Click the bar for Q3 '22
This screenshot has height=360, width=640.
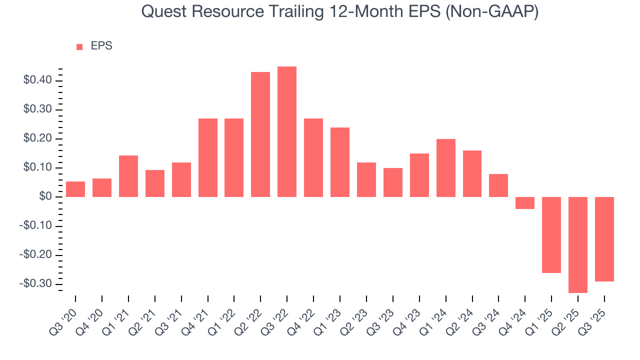[x=287, y=131]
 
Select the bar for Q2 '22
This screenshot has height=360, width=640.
[x=260, y=134]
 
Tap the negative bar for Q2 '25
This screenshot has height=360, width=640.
[x=578, y=244]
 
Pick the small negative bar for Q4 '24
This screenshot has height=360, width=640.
[x=525, y=203]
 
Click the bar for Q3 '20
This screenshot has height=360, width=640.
[x=75, y=189]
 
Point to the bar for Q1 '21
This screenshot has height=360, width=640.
[x=128, y=176]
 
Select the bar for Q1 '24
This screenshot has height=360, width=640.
[x=446, y=168]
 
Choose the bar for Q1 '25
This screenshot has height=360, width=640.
[x=551, y=234]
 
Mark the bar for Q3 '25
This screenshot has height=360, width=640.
[x=604, y=239]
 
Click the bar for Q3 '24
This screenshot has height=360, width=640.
[x=498, y=185]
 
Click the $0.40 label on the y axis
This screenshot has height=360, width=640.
[x=36, y=80]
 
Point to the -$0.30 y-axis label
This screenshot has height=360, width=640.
[x=35, y=284]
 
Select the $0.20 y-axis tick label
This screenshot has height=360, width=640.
[x=36, y=138]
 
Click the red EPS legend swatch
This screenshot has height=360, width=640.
[x=79, y=47]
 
